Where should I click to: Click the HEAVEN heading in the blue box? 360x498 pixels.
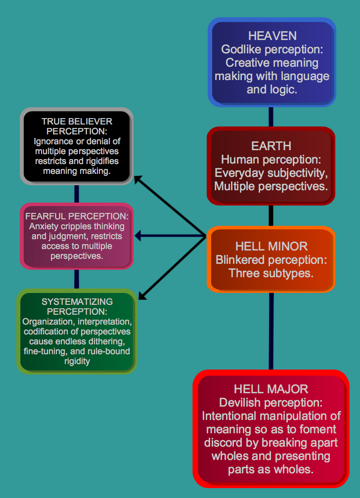coord(272,36)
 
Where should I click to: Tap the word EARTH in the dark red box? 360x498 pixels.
coord(271,146)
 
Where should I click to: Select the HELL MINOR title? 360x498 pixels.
coord(271,246)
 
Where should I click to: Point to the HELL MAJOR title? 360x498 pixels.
coord(271,389)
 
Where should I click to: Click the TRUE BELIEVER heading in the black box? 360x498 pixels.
coord(77,122)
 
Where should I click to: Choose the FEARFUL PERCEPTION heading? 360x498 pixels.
coord(77,216)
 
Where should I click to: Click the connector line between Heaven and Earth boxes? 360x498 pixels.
coord(271,117)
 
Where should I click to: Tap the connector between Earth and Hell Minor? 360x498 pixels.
coord(271,215)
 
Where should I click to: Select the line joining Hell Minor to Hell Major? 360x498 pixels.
coord(271,331)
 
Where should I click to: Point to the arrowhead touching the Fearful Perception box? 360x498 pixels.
coord(138,236)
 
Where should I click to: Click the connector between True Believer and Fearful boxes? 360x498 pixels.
coord(77,194)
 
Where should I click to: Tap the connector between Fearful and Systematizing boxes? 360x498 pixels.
coord(77,279)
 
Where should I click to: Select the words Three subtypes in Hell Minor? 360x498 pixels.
coord(271,273)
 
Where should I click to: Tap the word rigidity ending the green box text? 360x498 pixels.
coord(77,361)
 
